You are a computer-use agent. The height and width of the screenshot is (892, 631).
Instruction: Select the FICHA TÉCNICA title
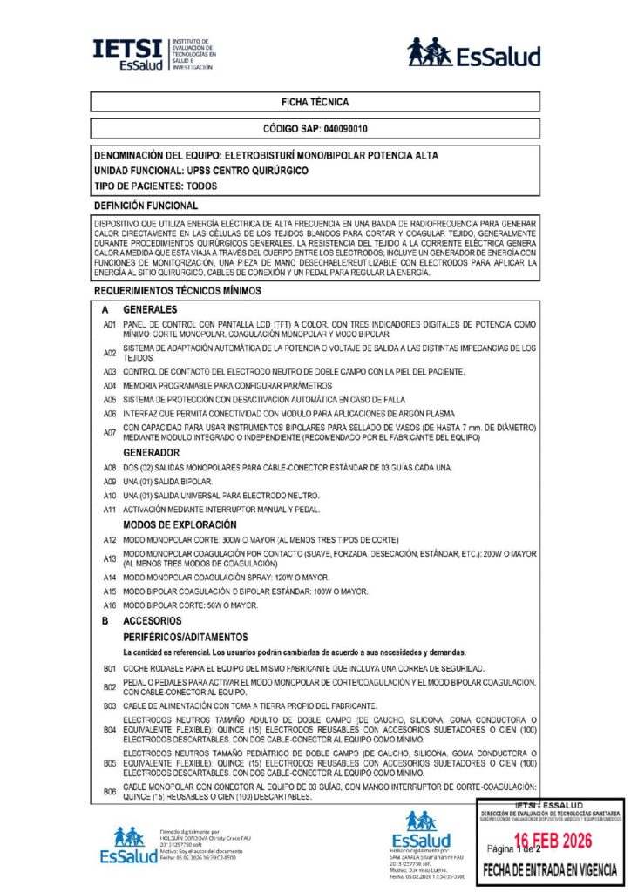tap(315, 102)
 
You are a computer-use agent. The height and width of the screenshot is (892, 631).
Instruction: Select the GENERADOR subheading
tap(152, 453)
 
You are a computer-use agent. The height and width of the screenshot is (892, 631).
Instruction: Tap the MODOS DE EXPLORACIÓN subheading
tap(180, 524)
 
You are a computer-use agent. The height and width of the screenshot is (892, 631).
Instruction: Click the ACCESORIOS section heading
tap(152, 621)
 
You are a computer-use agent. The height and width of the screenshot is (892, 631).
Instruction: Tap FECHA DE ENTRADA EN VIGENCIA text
tap(551, 869)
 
